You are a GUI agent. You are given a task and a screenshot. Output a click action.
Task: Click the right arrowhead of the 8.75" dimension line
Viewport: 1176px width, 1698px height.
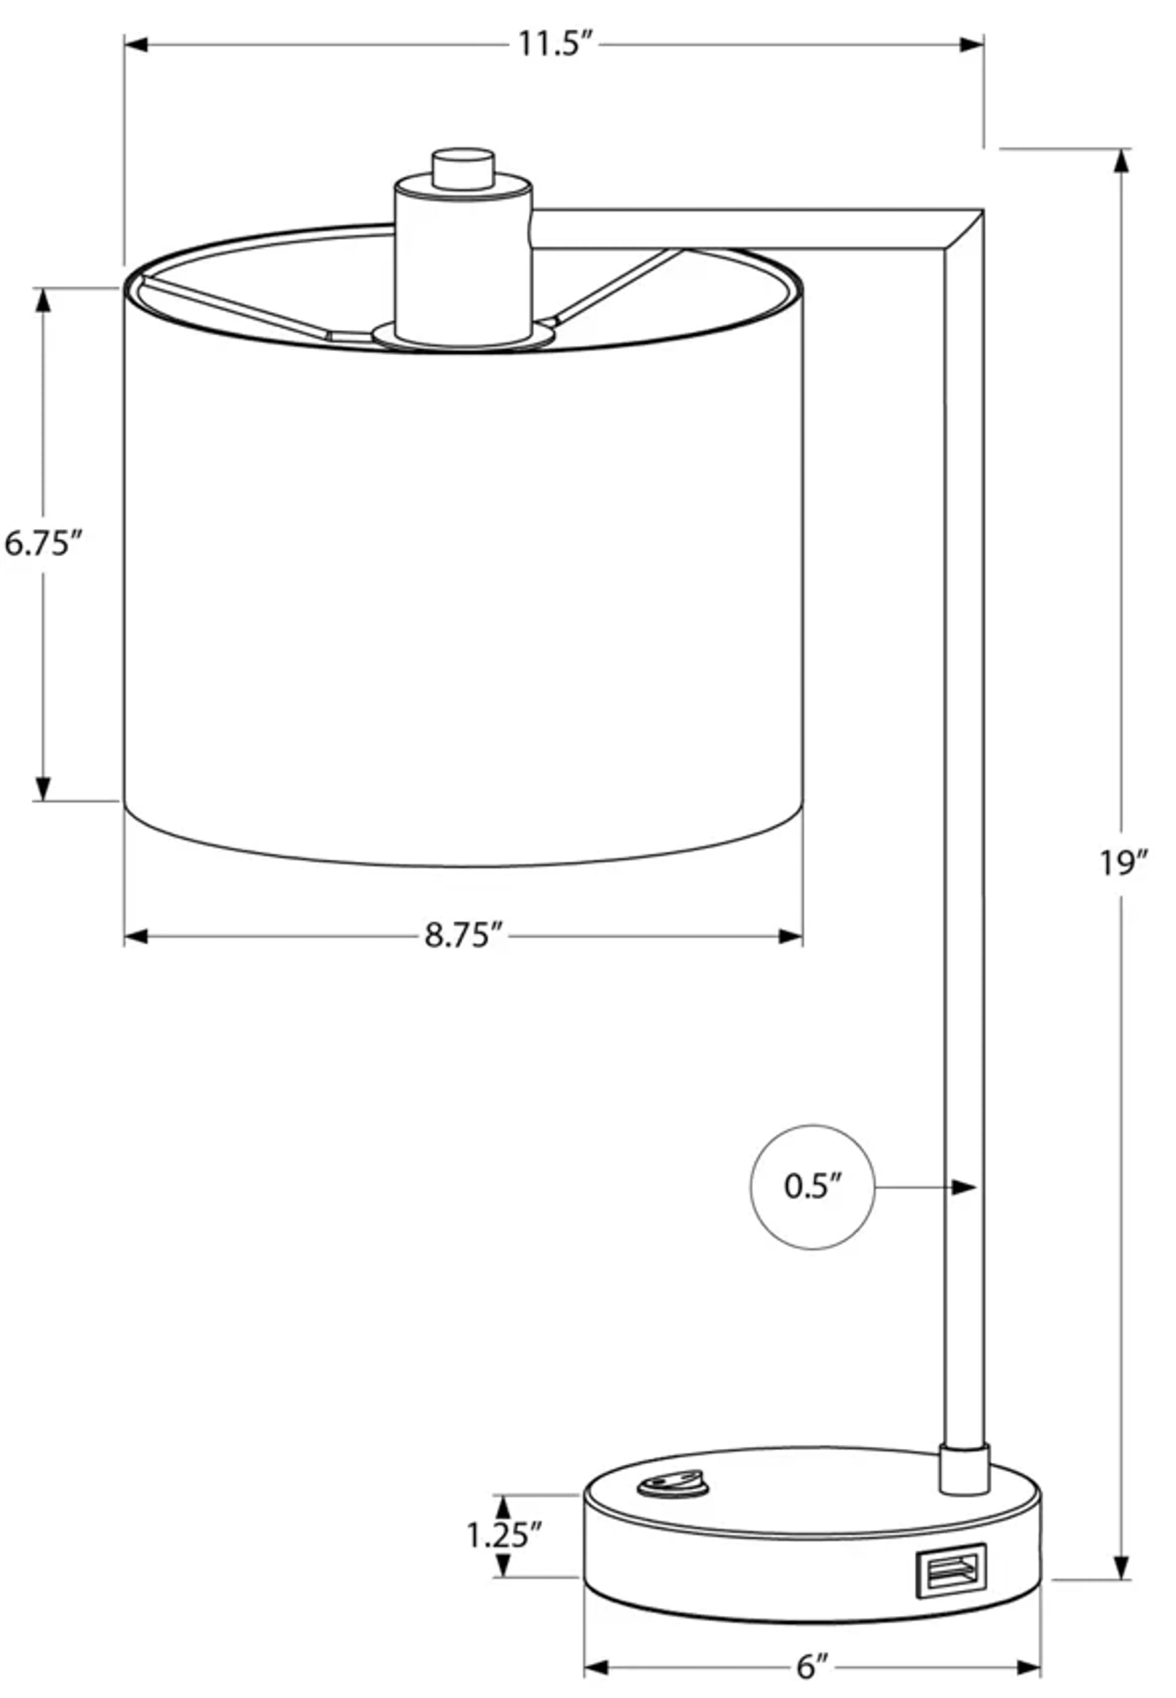pyautogui.click(x=791, y=937)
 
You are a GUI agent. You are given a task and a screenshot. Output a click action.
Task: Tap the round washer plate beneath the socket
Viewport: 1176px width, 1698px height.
pyautogui.click(x=463, y=336)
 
